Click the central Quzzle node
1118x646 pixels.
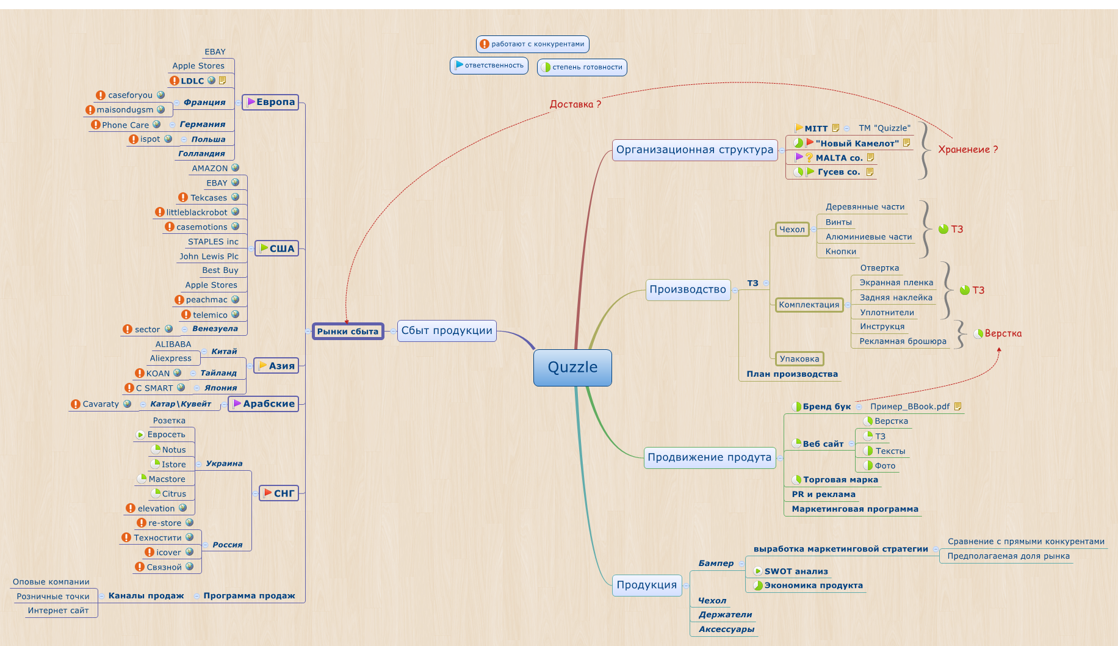click(x=572, y=368)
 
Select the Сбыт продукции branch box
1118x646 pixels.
click(x=447, y=331)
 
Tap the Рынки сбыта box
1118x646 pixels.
click(x=348, y=332)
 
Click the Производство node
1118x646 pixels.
click(x=688, y=289)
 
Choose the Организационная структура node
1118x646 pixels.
click(x=694, y=150)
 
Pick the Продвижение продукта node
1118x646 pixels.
click(x=709, y=457)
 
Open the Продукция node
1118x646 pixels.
click(x=646, y=585)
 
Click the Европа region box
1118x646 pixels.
click(x=270, y=102)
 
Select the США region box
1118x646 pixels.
click(x=276, y=249)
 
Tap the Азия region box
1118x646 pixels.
click(x=276, y=366)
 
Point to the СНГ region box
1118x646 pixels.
click(x=279, y=493)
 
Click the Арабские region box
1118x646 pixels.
click(x=264, y=404)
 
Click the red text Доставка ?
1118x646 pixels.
click(x=575, y=104)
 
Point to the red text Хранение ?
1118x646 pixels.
click(x=968, y=150)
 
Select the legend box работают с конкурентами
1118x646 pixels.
click(x=532, y=44)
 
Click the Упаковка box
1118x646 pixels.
click(x=799, y=359)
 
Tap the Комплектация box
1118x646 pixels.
click(x=809, y=305)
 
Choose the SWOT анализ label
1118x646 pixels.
click(x=796, y=572)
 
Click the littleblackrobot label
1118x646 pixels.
click(x=197, y=212)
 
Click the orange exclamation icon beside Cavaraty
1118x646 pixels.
click(x=76, y=404)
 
